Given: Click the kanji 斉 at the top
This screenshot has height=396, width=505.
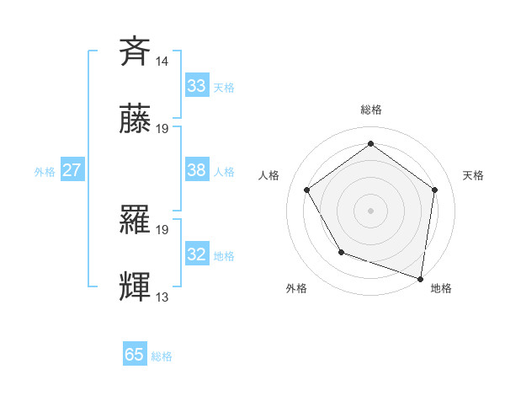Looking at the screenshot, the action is (136, 51).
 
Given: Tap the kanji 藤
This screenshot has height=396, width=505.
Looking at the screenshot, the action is (136, 120).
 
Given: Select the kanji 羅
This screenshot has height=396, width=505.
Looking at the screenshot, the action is (136, 221).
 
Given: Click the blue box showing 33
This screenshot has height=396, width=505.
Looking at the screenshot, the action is (197, 85).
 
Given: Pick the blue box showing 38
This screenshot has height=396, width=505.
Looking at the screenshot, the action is (197, 170).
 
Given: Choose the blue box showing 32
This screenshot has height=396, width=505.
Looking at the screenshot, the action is (197, 254).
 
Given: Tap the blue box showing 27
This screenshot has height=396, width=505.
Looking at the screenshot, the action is (72, 170).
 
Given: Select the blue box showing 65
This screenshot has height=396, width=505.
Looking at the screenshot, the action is (135, 355).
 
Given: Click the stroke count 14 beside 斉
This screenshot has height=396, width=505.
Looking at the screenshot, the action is (162, 62).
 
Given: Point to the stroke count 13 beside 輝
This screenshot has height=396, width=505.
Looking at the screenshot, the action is (162, 297).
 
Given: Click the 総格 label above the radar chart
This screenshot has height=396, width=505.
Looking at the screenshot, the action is (370, 110).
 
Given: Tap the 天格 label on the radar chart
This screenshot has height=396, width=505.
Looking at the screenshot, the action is (473, 175).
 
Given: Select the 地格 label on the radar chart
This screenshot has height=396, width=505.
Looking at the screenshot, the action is (441, 288).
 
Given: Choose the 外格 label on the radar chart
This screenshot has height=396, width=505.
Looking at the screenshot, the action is (296, 288).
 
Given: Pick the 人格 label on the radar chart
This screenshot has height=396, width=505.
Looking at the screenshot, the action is (268, 175).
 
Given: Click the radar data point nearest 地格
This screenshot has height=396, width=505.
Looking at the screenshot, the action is (420, 278).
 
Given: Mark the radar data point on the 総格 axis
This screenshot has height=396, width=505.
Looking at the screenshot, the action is (370, 144).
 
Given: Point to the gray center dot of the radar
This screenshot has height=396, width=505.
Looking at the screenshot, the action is (370, 210).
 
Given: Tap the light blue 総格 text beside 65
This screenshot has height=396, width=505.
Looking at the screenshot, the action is (162, 356).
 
